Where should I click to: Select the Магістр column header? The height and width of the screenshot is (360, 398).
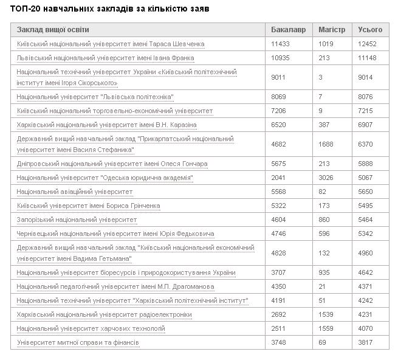[332, 30]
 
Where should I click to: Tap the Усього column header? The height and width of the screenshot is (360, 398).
[371, 30]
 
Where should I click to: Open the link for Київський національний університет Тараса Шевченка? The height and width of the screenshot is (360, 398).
[111, 44]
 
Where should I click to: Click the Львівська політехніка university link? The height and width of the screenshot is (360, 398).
[95, 97]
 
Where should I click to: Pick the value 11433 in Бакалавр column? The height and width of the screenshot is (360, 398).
[281, 44]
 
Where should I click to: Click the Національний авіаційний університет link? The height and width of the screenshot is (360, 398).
[75, 192]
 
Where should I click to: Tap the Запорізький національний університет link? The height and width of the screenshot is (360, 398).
[77, 220]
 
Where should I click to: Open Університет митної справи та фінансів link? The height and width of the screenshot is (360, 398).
[78, 343]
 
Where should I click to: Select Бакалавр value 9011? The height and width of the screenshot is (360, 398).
[279, 77]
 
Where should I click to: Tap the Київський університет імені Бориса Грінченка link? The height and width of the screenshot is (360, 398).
[89, 206]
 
